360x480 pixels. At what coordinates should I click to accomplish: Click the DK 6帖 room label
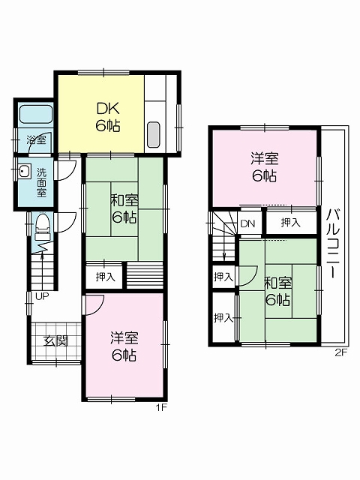tap(108, 117)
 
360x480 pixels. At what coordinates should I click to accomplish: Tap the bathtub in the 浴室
tap(36, 115)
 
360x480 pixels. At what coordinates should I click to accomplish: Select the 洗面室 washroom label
tap(41, 182)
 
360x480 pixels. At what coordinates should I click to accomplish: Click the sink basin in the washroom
tap(25, 171)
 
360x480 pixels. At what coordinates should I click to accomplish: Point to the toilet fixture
tap(43, 226)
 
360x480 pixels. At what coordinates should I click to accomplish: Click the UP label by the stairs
tap(42, 296)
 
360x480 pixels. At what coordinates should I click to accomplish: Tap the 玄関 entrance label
tap(55, 340)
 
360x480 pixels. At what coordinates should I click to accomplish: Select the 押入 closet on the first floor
tap(105, 277)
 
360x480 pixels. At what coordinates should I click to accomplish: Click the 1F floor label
tap(161, 408)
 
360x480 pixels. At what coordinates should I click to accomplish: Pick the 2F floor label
tap(340, 353)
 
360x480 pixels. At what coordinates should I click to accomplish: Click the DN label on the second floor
tap(247, 223)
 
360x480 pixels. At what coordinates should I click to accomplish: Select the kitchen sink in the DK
tap(153, 135)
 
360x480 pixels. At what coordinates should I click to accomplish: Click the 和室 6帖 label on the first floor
tap(124, 209)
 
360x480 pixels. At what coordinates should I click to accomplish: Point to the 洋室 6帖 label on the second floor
tap(265, 168)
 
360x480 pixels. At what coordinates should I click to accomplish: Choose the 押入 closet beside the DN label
tap(291, 223)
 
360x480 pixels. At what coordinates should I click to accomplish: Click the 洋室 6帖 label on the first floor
tap(124, 346)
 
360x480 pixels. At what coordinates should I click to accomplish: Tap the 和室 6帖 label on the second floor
tap(277, 291)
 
